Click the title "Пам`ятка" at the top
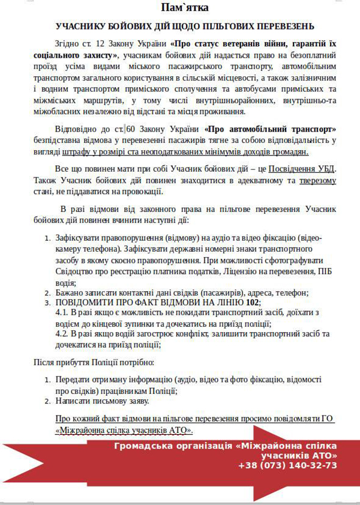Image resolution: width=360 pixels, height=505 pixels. coord(179,8)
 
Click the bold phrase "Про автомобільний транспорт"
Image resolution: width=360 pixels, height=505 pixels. coord(271,130)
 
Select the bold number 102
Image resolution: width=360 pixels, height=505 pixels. coord(253,303)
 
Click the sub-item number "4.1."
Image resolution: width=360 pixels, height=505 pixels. coord(62,314)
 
